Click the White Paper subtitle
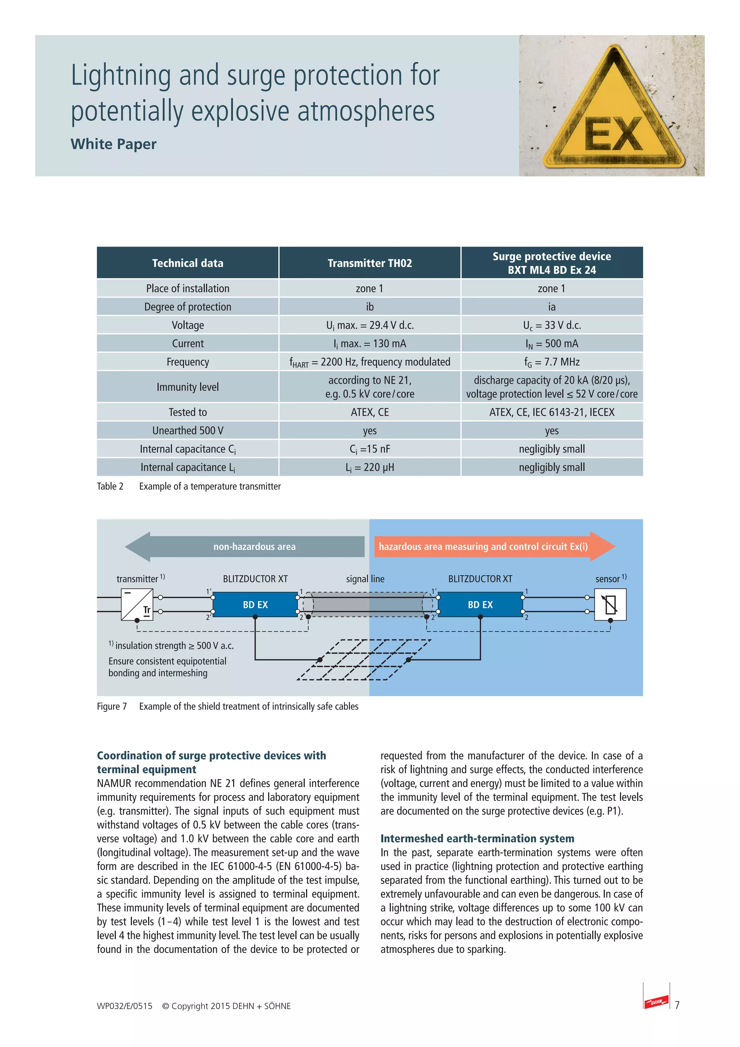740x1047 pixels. coord(113,144)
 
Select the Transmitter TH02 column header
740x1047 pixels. coord(370,263)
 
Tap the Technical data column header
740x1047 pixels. coord(188,263)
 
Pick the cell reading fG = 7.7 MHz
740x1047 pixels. coord(552,362)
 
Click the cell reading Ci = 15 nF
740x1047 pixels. coord(370,449)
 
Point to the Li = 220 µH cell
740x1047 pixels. coord(370,467)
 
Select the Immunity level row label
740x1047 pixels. coord(188,387)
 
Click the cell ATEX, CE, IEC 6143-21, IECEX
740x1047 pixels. coord(552,412)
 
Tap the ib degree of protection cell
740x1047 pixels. coord(370,307)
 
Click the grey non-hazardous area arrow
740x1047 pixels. coord(246,546)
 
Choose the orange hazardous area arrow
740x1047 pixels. coord(492,546)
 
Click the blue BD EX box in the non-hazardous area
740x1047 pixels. coord(255,605)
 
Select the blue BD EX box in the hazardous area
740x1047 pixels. coord(480,605)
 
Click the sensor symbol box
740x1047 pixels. coord(610,605)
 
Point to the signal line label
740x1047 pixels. coord(365,579)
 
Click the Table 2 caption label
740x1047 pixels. coord(110,487)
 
